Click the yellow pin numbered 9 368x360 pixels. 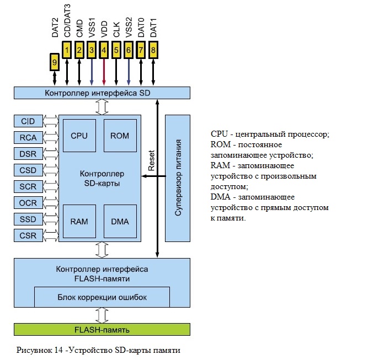[55, 62]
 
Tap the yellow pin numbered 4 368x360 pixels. [104, 50]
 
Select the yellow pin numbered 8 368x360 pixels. [153, 50]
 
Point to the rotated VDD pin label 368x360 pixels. [104, 29]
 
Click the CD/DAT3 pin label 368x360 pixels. [67, 20]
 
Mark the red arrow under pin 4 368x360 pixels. [104, 72]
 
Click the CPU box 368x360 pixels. [79, 136]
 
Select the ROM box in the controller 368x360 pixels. [120, 136]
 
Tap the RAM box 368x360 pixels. [79, 222]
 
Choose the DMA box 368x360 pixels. [120, 222]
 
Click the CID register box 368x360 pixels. [28, 121]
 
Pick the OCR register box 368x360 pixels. [28, 203]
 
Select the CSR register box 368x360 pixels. [28, 235]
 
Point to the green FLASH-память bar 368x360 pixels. [102, 330]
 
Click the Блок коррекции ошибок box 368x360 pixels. [102, 297]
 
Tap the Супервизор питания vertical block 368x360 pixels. [178, 178]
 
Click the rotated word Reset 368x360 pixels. [151, 160]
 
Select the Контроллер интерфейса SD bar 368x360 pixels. [102, 93]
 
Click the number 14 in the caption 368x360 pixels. [58, 350]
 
